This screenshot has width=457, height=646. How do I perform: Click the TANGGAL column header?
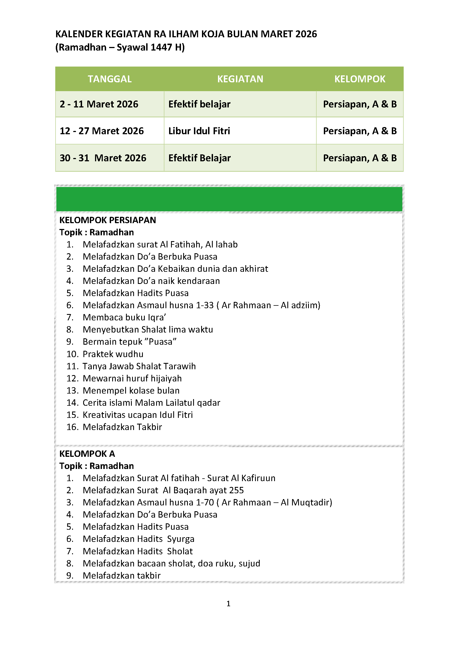pos(109,79)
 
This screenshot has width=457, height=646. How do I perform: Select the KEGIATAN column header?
pos(240,79)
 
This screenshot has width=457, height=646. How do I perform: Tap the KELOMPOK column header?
pos(360,79)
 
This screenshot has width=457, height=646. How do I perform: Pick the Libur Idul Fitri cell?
pos(199,131)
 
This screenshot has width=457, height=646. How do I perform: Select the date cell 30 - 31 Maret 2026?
pos(103,158)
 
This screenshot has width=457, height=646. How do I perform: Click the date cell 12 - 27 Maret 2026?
pos(102,131)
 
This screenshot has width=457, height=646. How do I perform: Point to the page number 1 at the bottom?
pos(228,603)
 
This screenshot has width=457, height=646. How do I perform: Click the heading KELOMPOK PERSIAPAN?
pos(107,220)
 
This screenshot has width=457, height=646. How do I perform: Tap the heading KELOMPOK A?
pos(87,453)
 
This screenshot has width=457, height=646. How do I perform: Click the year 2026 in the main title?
pos(306,34)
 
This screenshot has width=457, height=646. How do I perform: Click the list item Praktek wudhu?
pos(113,354)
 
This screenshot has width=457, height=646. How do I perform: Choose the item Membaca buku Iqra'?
pos(124,317)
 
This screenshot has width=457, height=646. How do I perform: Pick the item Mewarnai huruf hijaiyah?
pos(132,378)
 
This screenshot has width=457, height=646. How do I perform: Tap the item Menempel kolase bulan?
pos(131,391)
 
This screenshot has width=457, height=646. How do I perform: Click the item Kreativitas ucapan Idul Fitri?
pos(138,415)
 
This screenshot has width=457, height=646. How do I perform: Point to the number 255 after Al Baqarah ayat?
pos(237,490)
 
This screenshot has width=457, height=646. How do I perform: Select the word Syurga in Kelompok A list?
pos(181,539)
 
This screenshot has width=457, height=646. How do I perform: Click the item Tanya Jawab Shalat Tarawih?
pos(139,366)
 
